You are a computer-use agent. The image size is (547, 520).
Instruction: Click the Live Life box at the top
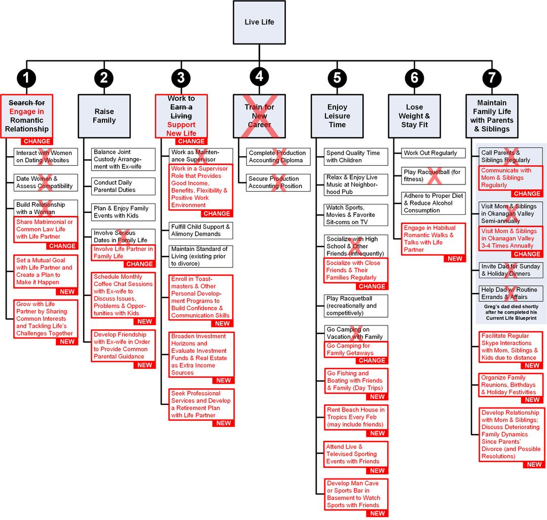pyautogui.click(x=259, y=22)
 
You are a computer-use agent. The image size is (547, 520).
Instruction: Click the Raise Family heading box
pyautogui.click(x=104, y=116)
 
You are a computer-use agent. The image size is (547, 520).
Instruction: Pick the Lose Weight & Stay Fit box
pyautogui.click(x=414, y=116)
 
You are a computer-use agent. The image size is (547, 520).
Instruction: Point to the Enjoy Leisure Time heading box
pyautogui.click(x=337, y=116)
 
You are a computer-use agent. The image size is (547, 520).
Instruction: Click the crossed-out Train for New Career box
pyautogui.click(x=260, y=116)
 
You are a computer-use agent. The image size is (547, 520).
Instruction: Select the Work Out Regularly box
pyautogui.click(x=430, y=153)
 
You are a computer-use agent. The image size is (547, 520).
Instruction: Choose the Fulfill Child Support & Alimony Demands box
pyautogui.click(x=201, y=231)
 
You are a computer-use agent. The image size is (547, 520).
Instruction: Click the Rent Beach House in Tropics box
pyautogui.click(x=356, y=417)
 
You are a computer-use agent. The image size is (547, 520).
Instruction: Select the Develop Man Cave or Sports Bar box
pyautogui.click(x=356, y=494)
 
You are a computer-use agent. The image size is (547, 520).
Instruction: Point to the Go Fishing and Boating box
pyautogui.click(x=356, y=381)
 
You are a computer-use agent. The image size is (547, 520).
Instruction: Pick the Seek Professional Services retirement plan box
pyautogui.click(x=201, y=404)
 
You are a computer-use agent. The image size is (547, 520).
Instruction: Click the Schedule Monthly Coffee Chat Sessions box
pyautogui.click(x=124, y=295)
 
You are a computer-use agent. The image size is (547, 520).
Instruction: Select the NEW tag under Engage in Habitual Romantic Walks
pyautogui.click(x=455, y=258)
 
